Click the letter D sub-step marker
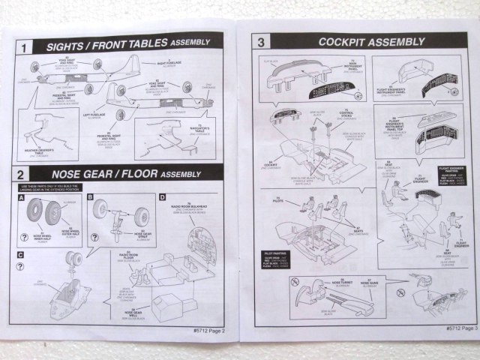[x=162, y=197]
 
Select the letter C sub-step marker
[x=20, y=255]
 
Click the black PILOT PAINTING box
[x=277, y=254]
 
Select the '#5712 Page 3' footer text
[x=454, y=328]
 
